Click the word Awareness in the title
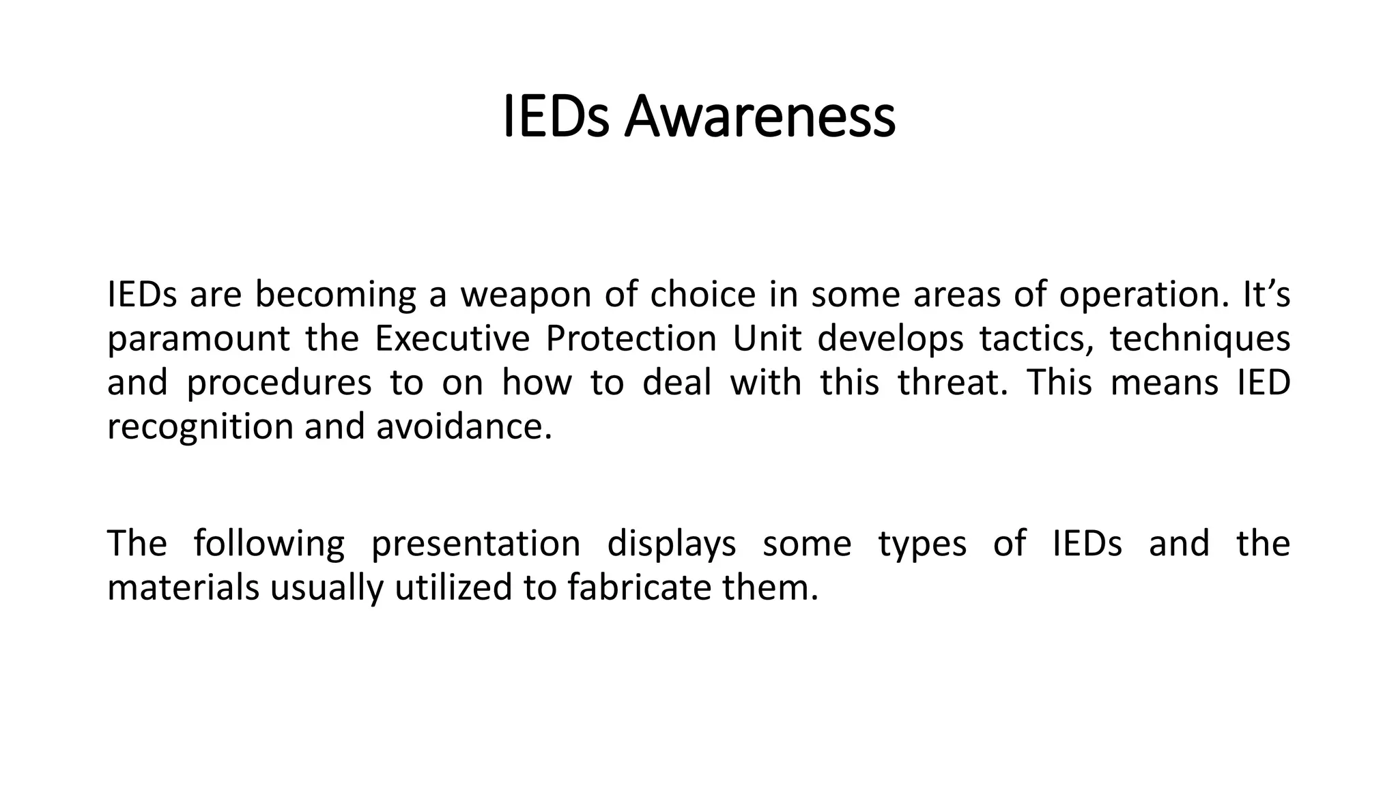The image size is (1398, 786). [759, 117]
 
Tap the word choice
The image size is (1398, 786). [702, 295]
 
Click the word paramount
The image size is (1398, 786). [198, 339]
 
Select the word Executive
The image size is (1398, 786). [452, 339]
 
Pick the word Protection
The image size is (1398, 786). [631, 339]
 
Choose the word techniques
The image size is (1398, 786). [1199, 339]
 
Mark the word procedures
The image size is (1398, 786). [279, 383]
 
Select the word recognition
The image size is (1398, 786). [200, 427]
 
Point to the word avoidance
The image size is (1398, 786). [463, 427]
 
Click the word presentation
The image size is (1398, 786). [475, 544]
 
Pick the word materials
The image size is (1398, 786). [183, 588]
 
